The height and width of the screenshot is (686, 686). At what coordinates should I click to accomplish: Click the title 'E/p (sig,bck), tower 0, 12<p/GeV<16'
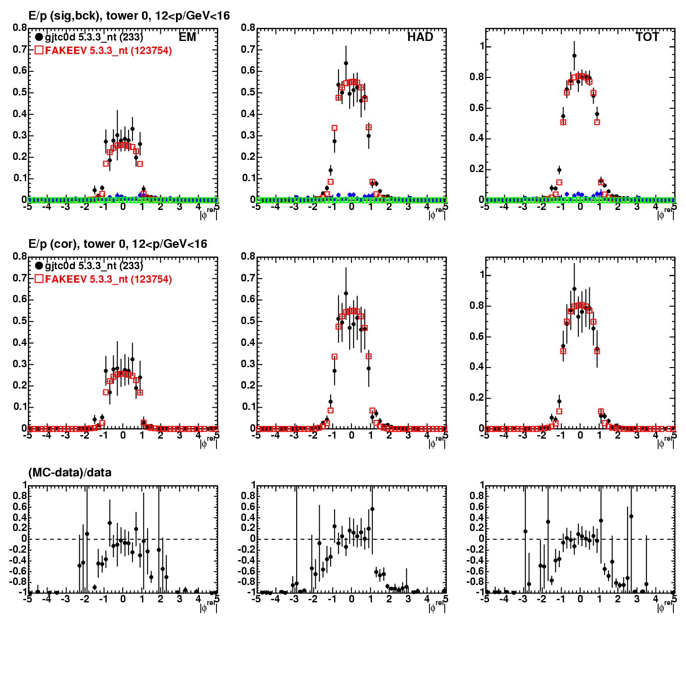(129, 16)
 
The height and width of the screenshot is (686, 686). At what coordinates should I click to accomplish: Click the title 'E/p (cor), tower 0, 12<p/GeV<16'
(118, 244)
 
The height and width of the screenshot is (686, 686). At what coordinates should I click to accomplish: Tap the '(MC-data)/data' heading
(70, 473)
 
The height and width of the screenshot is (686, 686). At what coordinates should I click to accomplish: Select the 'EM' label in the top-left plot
(187, 37)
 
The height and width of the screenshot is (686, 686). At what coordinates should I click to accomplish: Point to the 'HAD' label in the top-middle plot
(420, 37)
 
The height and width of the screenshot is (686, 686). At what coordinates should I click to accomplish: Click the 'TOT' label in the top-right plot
(648, 37)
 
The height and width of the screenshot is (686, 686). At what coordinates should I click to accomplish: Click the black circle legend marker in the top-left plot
(39, 37)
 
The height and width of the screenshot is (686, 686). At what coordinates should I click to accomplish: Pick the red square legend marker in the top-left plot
(39, 51)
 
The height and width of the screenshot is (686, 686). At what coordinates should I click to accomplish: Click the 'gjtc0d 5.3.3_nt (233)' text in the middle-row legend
(94, 266)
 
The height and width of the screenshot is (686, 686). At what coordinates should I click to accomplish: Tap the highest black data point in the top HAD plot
(346, 63)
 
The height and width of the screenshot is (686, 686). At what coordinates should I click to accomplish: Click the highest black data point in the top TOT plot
(574, 56)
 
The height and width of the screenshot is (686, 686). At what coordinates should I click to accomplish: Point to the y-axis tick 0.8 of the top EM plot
(20, 28)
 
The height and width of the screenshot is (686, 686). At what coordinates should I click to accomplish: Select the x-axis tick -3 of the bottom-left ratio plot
(65, 599)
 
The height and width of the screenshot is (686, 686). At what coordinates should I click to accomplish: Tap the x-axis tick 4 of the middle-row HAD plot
(427, 436)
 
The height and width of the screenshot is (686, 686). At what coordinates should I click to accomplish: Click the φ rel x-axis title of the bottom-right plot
(666, 606)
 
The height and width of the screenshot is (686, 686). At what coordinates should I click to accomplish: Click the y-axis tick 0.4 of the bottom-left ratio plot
(19, 517)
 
